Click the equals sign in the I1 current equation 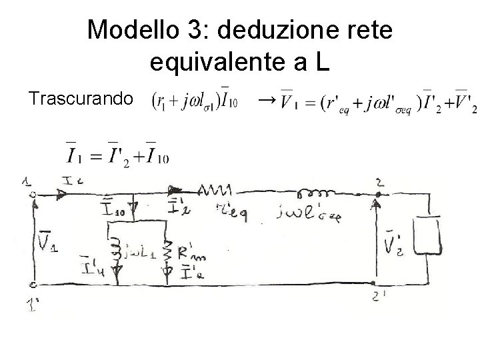point(98,157)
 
